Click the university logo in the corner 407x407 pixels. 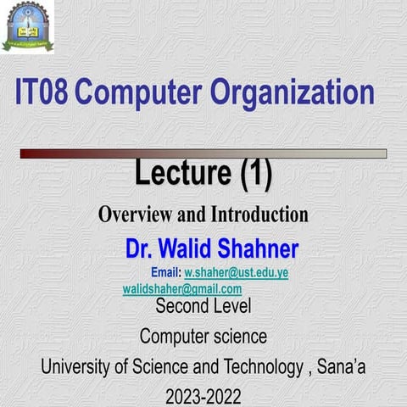28,26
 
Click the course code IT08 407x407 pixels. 42,92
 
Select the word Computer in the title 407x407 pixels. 138,93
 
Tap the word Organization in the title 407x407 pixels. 293,93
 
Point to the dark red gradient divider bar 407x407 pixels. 203,153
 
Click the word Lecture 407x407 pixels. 183,172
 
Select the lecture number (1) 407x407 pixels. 256,174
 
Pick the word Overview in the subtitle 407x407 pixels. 135,215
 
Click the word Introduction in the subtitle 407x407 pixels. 259,215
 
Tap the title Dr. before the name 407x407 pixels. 139,248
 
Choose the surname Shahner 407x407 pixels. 258,248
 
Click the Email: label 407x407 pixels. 166,272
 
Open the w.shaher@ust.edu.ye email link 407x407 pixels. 237,273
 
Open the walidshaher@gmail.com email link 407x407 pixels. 182,289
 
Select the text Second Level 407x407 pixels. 203,306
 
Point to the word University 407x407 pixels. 76,367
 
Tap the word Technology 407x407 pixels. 263,367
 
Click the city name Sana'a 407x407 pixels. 341,366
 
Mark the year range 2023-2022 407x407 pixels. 203,396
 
